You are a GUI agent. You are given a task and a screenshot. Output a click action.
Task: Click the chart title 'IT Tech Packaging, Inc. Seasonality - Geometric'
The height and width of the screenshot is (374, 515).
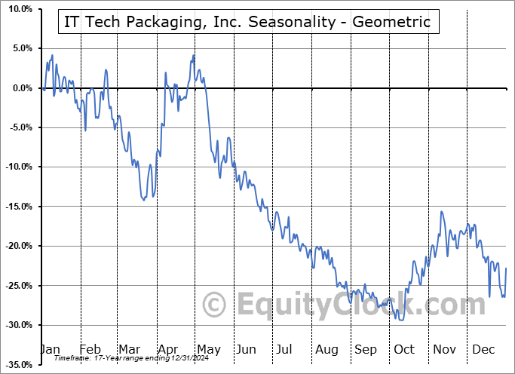[x=247, y=22]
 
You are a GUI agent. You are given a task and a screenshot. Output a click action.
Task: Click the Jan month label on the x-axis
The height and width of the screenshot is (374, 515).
[x=51, y=350]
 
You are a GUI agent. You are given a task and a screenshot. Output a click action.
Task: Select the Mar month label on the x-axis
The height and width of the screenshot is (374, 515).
[x=130, y=350]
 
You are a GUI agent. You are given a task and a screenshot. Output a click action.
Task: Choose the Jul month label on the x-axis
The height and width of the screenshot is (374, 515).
[x=284, y=350]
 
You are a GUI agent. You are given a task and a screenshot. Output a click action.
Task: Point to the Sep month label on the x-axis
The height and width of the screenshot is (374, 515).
[x=366, y=350]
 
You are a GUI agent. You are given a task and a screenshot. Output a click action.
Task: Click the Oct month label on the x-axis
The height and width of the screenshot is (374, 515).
[x=404, y=350]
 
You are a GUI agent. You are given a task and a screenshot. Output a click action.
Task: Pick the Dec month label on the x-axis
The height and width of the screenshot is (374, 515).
[x=483, y=350]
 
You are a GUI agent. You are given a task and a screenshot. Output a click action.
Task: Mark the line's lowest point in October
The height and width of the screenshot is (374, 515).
[x=401, y=320]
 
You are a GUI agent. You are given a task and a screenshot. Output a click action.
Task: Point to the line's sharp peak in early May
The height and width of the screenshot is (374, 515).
[x=194, y=55]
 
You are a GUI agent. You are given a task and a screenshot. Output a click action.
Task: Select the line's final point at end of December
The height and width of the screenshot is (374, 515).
[x=506, y=268]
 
